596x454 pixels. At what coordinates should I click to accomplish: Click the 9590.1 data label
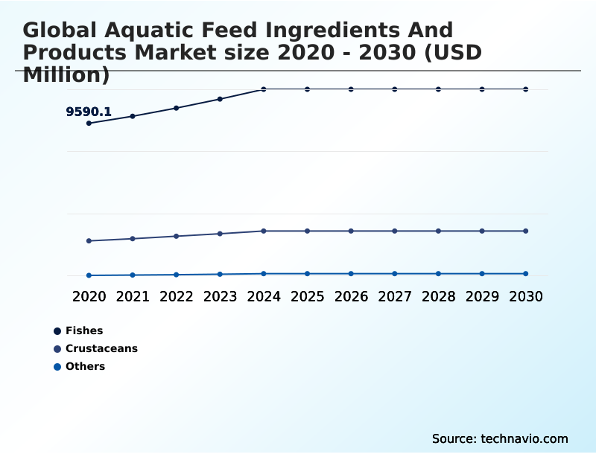89,112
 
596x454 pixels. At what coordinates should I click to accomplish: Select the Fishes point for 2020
89,123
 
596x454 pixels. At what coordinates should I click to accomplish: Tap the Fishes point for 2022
177,108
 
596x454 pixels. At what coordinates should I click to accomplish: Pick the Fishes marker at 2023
220,99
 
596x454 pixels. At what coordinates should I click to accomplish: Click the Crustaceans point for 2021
133,239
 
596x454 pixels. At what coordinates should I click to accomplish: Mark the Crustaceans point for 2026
351,231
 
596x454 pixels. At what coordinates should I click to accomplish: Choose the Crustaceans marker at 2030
526,231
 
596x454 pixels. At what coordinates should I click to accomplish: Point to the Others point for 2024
264,274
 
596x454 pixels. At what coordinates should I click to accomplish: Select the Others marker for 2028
438,274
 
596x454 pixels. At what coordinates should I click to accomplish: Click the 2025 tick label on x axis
307,296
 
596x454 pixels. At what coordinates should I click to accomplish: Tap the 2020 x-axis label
89,296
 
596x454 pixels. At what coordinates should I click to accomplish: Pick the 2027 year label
395,296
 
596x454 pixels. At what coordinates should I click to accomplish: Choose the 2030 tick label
526,296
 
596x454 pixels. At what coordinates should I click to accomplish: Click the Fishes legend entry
84,330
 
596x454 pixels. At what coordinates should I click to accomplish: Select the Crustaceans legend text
101,348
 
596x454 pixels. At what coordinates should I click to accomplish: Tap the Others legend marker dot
57,366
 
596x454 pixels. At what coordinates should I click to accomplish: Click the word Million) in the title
66,74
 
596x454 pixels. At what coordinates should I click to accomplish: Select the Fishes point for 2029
482,89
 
